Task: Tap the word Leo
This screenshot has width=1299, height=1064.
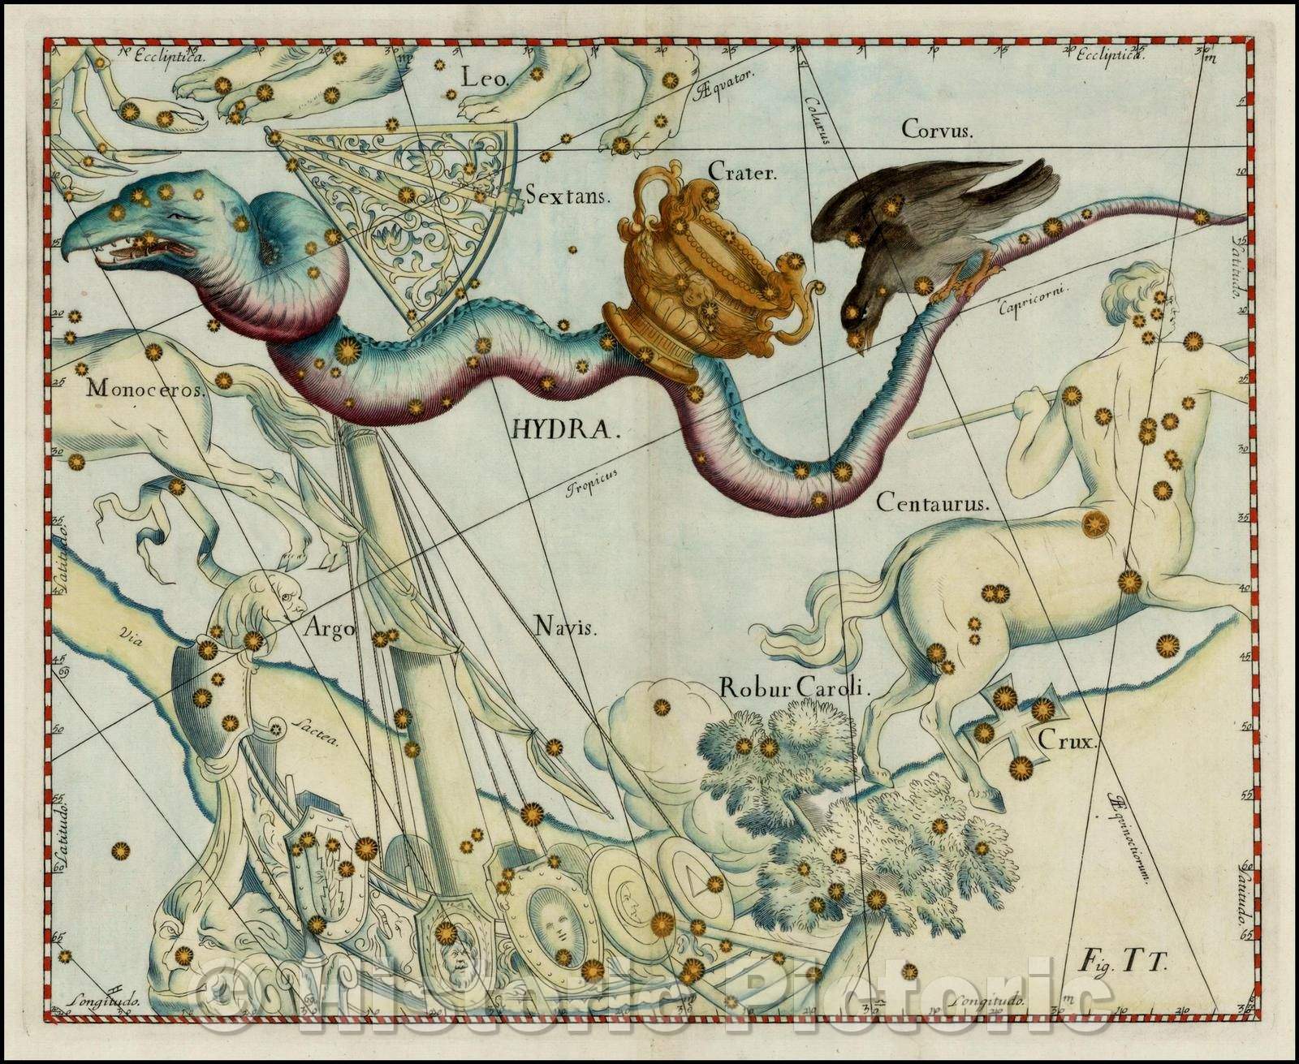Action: tap(485, 79)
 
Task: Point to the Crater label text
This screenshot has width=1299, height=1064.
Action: tap(743, 171)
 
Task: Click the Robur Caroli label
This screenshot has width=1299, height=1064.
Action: tap(794, 688)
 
